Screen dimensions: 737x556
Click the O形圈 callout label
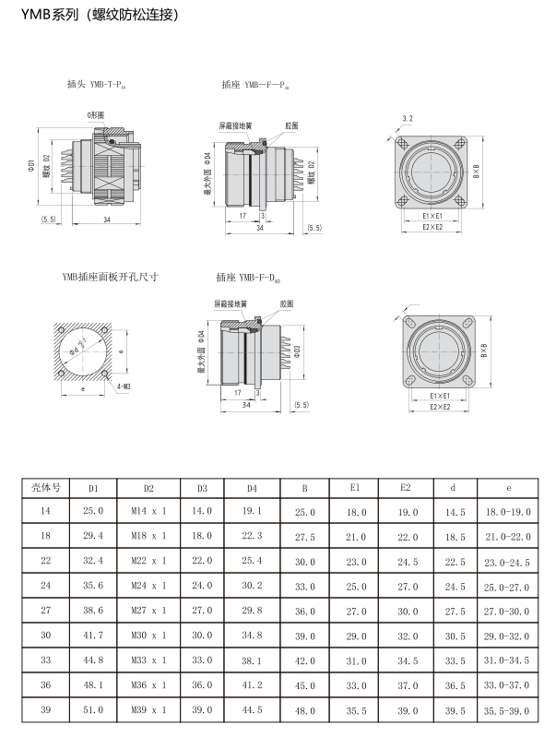[x=96, y=113]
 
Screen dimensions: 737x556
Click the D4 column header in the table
[x=252, y=487]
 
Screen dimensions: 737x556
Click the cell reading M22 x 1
[x=148, y=561]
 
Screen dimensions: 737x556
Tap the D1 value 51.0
[x=93, y=710]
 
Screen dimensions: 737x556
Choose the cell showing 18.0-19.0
[x=508, y=511]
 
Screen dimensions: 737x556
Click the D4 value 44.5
[x=252, y=710]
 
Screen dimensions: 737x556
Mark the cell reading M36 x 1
[x=148, y=685]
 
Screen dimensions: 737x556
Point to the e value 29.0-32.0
[x=508, y=636]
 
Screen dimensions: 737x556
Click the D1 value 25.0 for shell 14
[x=93, y=511]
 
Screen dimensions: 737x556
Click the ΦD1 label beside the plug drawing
[x=31, y=166]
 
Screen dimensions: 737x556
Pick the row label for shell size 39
[x=43, y=710]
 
